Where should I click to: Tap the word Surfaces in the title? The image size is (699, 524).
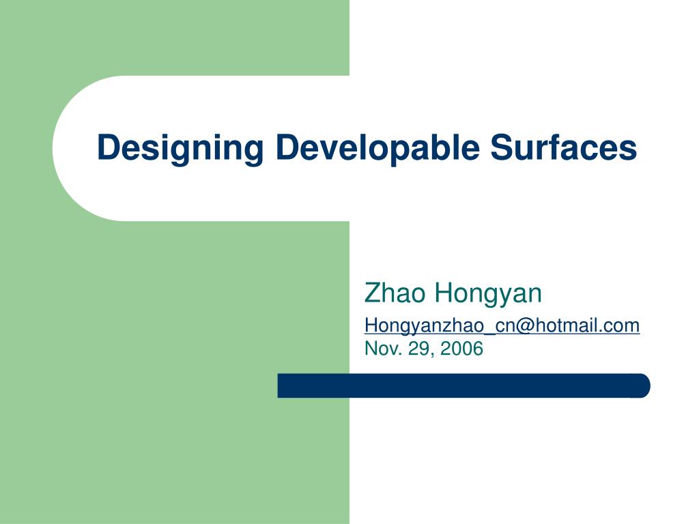[563, 148]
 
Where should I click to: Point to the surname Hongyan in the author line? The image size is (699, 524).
[488, 294]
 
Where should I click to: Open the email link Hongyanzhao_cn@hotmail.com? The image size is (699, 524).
[502, 326]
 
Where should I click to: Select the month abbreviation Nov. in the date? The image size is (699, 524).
[382, 349]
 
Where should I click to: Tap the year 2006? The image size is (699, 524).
[461, 349]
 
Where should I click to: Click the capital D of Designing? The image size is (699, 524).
[107, 147]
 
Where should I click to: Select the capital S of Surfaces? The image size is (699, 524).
[500, 147]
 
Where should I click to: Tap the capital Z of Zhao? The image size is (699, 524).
[373, 293]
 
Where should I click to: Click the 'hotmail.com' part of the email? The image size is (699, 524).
[587, 326]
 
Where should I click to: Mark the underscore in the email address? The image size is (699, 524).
[490, 332]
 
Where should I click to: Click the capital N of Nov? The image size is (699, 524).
[371, 349]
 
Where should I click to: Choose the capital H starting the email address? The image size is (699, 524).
[371, 325]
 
